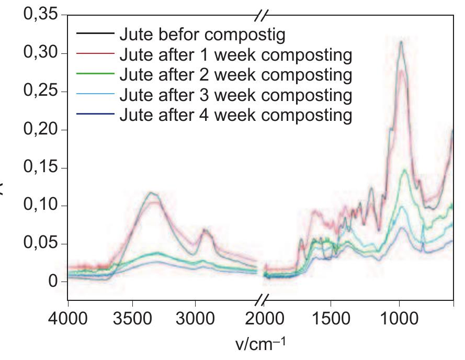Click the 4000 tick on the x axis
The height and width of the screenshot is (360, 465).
tap(68, 318)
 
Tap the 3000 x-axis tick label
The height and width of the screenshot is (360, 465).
tap(195, 318)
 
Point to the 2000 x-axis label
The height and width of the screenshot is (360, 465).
tap(268, 318)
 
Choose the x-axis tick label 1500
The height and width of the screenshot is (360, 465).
tap(331, 318)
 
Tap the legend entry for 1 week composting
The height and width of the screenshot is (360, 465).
tap(235, 54)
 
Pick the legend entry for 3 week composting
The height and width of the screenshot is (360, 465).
tap(235, 95)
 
